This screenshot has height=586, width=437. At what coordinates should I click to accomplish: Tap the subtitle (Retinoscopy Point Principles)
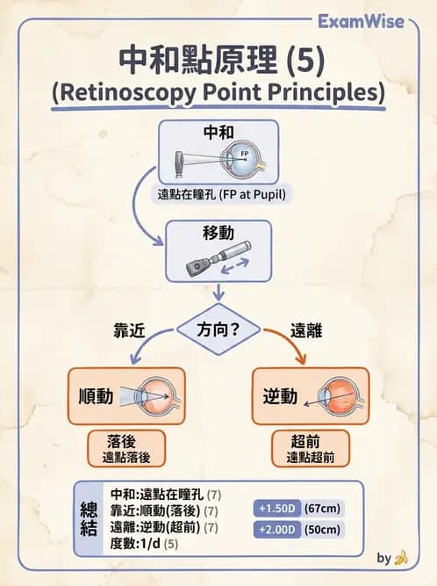(x=218, y=92)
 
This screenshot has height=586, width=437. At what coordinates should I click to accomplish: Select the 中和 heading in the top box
(x=218, y=133)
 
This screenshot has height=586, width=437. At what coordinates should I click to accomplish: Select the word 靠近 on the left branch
(x=129, y=331)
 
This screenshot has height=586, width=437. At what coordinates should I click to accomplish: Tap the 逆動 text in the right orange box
(x=282, y=396)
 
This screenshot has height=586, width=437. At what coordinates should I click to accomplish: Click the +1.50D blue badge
(x=276, y=509)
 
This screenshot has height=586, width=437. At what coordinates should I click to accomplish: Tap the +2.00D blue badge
(x=276, y=529)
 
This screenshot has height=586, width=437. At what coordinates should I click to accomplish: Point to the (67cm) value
(x=323, y=509)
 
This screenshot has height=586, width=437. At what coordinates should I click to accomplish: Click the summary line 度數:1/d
(x=147, y=544)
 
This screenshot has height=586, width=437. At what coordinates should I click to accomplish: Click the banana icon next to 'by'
(x=402, y=557)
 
